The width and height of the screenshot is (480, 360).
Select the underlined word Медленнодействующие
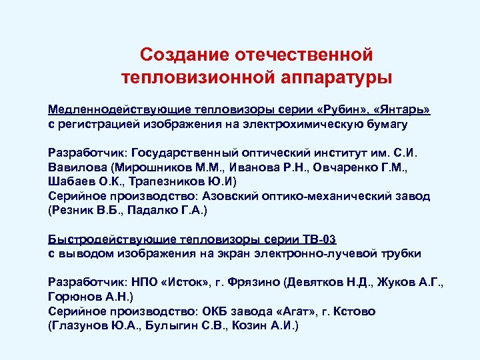(x=118, y=109)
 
